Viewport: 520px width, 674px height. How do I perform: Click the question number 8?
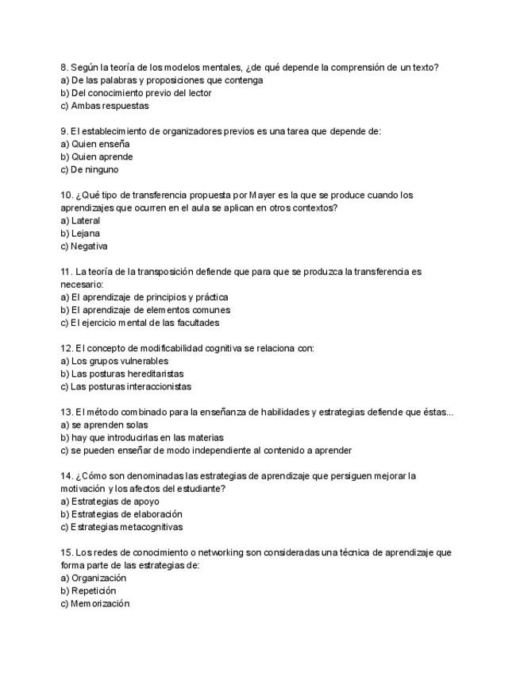[x=64, y=68]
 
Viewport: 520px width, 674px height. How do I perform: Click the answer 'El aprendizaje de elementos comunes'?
[x=151, y=310]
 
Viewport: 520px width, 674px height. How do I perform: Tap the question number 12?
[x=67, y=348]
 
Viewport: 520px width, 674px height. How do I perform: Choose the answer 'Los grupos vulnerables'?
[x=119, y=361]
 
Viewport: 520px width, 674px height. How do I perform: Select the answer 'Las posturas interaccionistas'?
[x=130, y=387]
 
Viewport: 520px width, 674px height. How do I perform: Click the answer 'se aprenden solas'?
[x=110, y=425]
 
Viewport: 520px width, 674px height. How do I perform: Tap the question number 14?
[x=67, y=476]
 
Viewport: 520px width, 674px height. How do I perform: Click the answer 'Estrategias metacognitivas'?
[x=126, y=527]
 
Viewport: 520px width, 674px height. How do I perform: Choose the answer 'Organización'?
[x=98, y=579]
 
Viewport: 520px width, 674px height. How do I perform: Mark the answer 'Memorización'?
[x=100, y=604]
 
